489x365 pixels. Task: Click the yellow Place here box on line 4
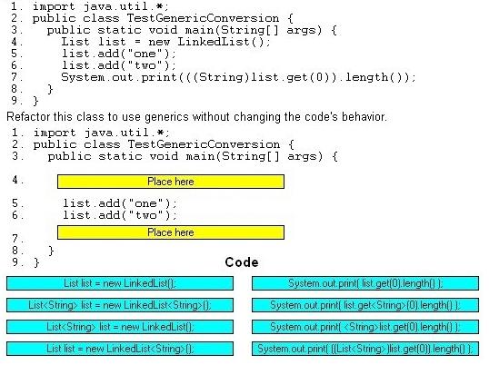[171, 182]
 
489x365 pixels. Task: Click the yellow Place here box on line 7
[171, 232]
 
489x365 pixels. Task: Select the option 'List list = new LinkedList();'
[120, 283]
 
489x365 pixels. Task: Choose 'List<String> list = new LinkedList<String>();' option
[120, 305]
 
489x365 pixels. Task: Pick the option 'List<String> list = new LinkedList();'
[120, 327]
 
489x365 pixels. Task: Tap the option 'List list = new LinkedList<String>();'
[120, 349]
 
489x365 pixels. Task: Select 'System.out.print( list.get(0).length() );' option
[365, 283]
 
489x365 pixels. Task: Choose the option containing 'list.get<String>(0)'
[365, 305]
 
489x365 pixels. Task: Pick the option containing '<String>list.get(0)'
[365, 327]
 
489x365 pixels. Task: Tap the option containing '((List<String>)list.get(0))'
[365, 349]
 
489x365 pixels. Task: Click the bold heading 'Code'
[242, 262]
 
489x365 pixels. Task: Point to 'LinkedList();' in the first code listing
[224, 42]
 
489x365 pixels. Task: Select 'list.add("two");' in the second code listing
[120, 215]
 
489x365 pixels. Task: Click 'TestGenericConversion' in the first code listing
[203, 18]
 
